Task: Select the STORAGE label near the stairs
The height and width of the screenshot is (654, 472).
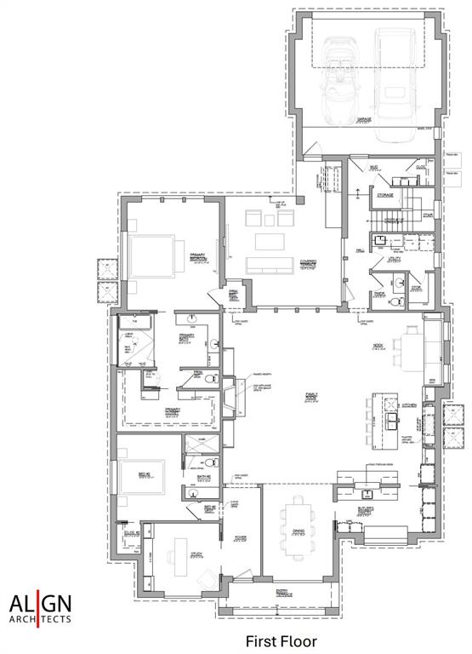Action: click(x=384, y=196)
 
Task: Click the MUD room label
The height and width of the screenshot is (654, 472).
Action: click(x=372, y=167)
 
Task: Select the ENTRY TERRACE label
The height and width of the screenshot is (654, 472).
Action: click(x=281, y=592)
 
